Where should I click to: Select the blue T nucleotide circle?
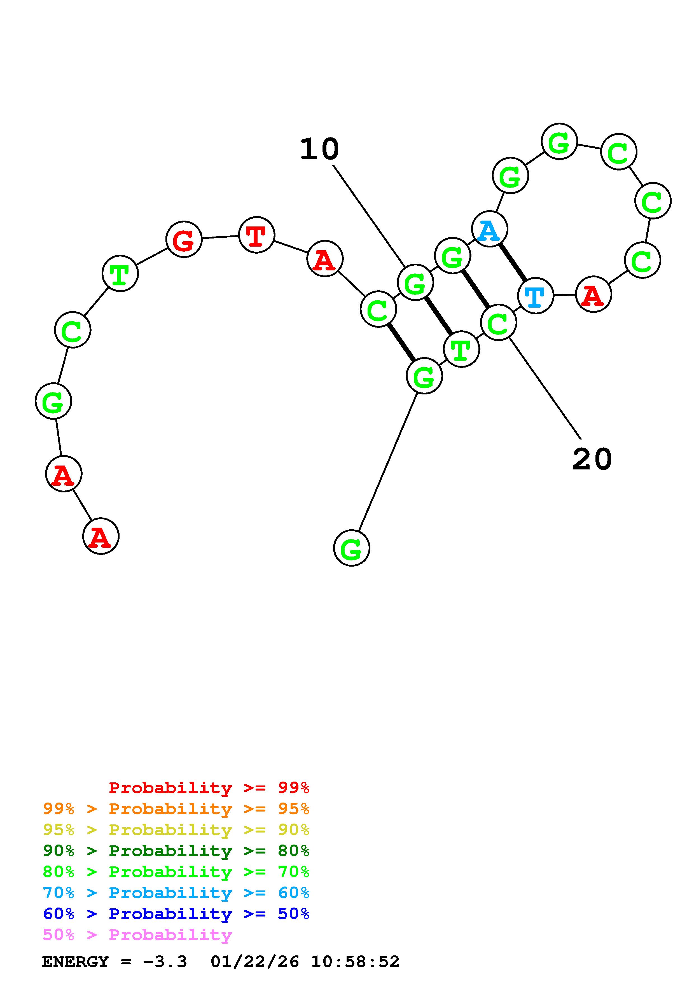[x=535, y=296]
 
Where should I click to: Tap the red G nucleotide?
[x=184, y=240]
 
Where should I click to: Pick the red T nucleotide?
[x=256, y=235]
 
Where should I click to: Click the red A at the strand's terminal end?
[x=101, y=536]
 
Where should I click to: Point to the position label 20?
[x=592, y=459]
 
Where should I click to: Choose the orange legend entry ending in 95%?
[x=176, y=809]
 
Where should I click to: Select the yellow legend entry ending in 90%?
[x=176, y=830]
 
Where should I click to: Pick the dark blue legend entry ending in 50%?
[x=176, y=914]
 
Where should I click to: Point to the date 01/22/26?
[x=254, y=962]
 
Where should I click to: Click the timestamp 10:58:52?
[x=355, y=962]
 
